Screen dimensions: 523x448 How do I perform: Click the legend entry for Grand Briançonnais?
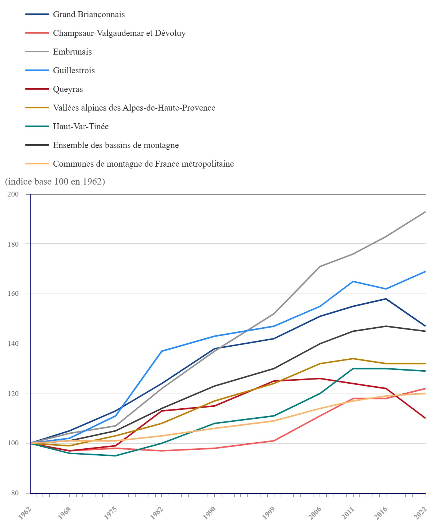pyautogui.click(x=89, y=15)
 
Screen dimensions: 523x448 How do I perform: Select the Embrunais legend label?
pyautogui.click(x=72, y=52)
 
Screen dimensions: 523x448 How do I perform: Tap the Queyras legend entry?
pyautogui.click(x=68, y=89)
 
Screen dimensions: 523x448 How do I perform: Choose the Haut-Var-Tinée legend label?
pyautogui.click(x=81, y=127)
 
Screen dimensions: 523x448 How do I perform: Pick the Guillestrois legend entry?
pyautogui.click(x=74, y=71)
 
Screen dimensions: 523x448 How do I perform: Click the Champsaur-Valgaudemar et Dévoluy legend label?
pyautogui.click(x=119, y=33)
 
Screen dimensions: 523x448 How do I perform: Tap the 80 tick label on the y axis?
pyautogui.click(x=15, y=493)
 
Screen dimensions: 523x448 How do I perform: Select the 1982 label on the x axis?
pyautogui.click(x=157, y=513)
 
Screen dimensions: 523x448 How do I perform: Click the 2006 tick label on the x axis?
pyautogui.click(x=315, y=513)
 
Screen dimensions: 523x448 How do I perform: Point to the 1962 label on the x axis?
pyautogui.click(x=25, y=513)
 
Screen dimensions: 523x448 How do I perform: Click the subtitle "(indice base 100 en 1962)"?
pyautogui.click(x=55, y=182)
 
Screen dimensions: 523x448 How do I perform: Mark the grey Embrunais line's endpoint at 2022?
pyautogui.click(x=426, y=212)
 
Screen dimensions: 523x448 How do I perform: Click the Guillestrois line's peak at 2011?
pyautogui.click(x=353, y=281)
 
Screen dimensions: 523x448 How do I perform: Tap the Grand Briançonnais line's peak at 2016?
pyautogui.click(x=386, y=299)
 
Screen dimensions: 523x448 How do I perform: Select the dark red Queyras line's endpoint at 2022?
pyautogui.click(x=426, y=418)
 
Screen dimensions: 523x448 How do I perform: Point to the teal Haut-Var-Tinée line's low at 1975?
pyautogui.click(x=115, y=456)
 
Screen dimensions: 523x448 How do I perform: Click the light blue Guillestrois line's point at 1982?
pyautogui.click(x=162, y=351)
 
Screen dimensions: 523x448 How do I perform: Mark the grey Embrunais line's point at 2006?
pyautogui.click(x=320, y=266)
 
